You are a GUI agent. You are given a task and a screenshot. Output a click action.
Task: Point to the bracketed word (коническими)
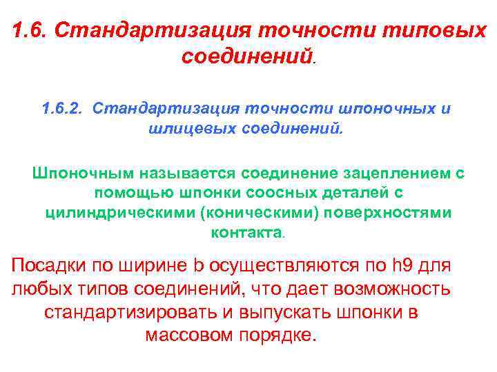tap(253, 212)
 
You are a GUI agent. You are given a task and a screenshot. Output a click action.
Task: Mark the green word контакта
tap(246, 232)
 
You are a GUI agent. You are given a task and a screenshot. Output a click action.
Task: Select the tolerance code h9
tap(401, 266)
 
